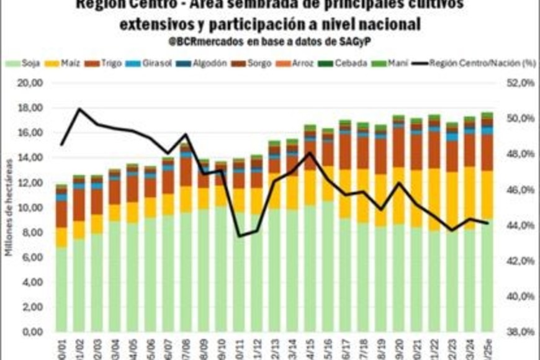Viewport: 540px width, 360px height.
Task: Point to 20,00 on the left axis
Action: [30, 83]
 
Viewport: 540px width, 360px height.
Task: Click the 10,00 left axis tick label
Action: [30, 207]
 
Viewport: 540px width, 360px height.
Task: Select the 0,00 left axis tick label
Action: [32, 332]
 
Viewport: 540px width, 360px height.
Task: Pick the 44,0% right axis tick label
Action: [518, 225]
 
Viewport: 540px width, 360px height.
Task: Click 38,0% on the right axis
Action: [518, 332]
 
